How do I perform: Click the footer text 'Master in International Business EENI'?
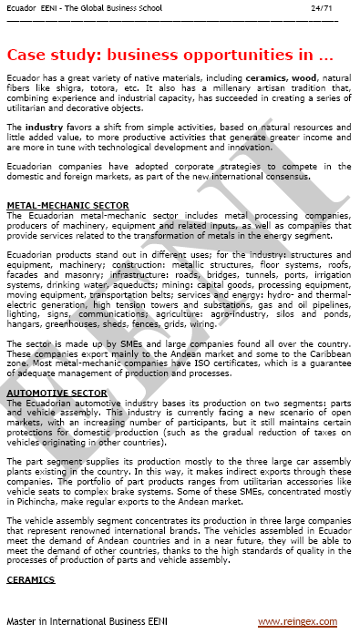[92, 621]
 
